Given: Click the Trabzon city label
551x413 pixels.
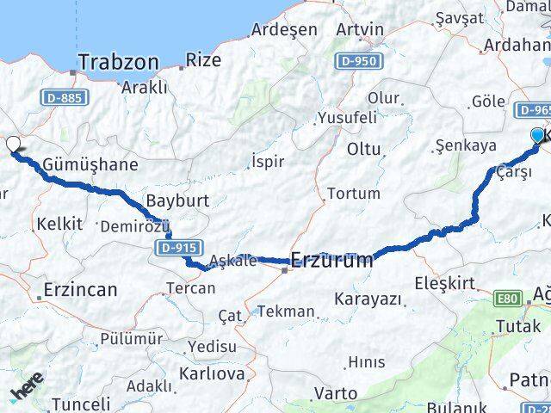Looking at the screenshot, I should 118,62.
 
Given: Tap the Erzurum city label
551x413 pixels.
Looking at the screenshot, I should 332,259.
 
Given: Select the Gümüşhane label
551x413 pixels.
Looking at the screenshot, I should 78,163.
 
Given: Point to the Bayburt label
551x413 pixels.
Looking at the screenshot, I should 177,201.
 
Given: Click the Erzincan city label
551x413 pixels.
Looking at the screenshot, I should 79,289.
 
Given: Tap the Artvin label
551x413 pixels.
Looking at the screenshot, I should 360,28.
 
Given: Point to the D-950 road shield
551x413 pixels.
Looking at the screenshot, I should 356,61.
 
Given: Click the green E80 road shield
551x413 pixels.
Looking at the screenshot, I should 507,299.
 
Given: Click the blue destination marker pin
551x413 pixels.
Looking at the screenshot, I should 538,136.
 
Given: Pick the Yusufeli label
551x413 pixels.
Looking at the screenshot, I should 347,117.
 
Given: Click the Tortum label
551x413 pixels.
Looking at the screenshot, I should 354,193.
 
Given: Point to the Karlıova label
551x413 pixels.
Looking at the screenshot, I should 212,373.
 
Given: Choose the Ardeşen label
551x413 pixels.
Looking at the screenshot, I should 284,28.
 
